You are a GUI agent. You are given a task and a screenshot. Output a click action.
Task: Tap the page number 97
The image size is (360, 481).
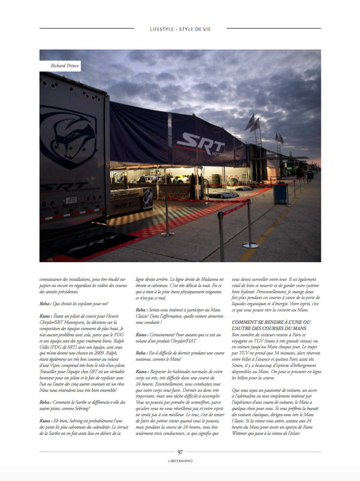coord(180,452)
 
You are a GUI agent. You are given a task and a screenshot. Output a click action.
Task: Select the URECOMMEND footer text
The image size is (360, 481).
coord(180,461)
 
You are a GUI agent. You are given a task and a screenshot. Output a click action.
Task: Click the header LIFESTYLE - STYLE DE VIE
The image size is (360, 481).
coord(180,29)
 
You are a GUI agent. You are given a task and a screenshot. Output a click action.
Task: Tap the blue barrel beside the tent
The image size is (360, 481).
coord(280,193)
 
